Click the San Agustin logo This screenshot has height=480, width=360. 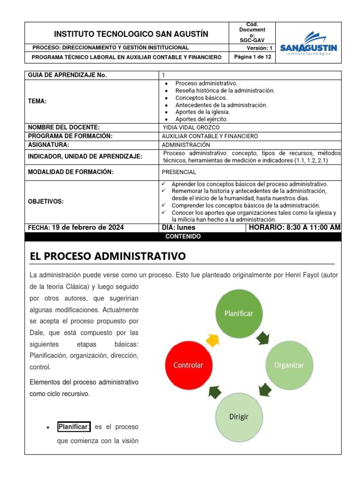[308, 44]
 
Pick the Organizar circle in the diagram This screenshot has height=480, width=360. [288, 364]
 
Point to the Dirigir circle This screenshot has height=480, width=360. [239, 417]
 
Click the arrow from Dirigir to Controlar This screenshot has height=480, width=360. [213, 392]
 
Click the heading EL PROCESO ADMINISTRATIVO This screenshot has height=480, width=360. [107, 256]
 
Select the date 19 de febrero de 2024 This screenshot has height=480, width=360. [88, 227]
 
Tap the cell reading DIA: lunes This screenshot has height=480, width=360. [178, 227]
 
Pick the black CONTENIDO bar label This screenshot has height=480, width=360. [183, 237]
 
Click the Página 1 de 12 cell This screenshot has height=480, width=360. [253, 56]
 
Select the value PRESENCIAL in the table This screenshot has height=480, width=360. [180, 172]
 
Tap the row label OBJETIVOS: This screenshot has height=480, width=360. [46, 201]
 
